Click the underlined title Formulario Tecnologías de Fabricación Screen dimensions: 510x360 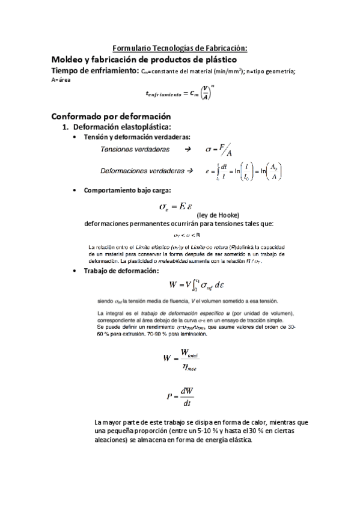180,48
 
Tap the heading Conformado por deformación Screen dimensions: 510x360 111,116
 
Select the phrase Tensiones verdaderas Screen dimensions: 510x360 135,149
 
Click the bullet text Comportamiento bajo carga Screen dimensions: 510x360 127,191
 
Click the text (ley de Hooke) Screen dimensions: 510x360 218,215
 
